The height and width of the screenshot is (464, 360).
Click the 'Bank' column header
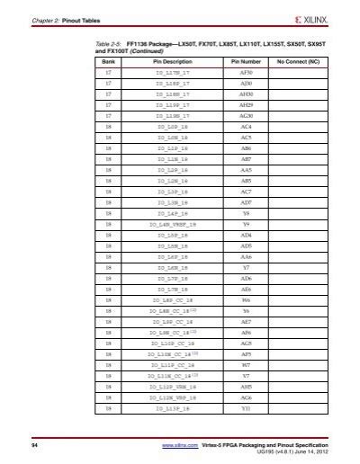pyautogui.click(x=108, y=64)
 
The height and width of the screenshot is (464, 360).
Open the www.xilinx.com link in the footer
pyautogui.click(x=179, y=446)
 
